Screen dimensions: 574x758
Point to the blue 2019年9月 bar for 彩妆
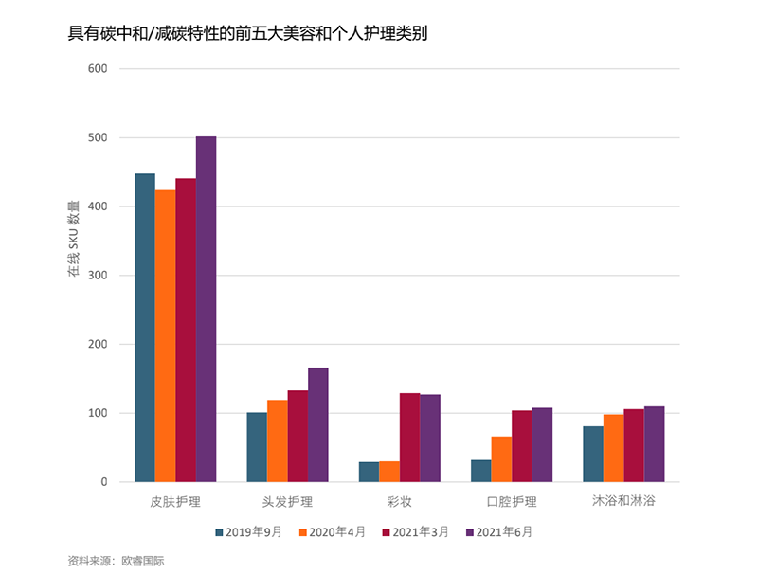[x=369, y=472]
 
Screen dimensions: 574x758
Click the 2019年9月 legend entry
[x=248, y=532]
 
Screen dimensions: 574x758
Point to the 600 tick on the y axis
[x=98, y=69]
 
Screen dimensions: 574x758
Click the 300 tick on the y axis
[x=98, y=276]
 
